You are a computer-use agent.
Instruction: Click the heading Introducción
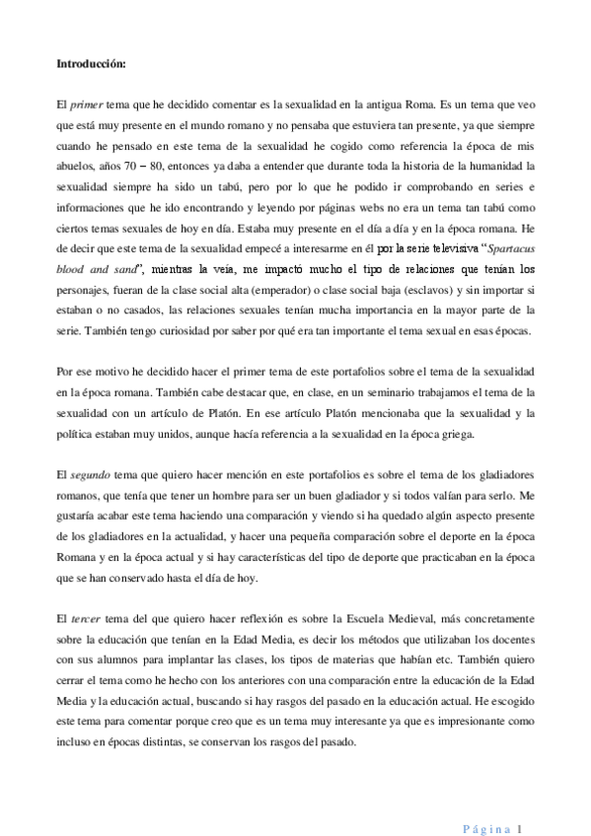(x=90, y=65)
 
